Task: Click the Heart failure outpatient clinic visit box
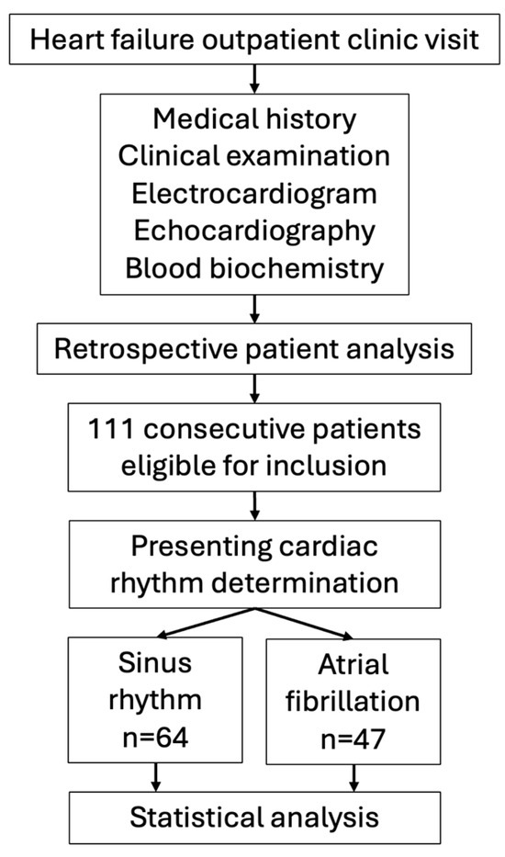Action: coord(252,39)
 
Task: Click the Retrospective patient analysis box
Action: coord(252,350)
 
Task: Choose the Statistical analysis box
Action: coord(252,817)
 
